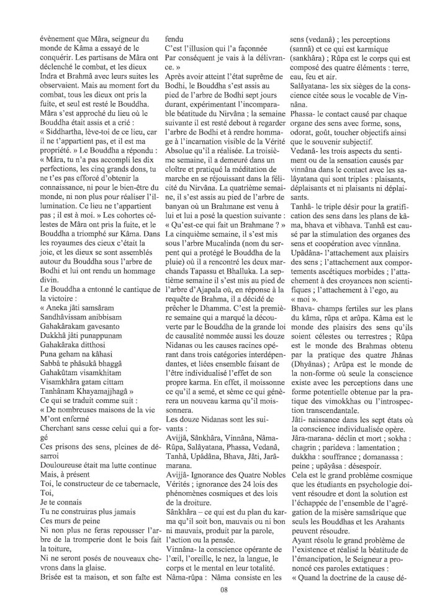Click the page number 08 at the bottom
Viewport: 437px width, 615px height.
224,589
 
